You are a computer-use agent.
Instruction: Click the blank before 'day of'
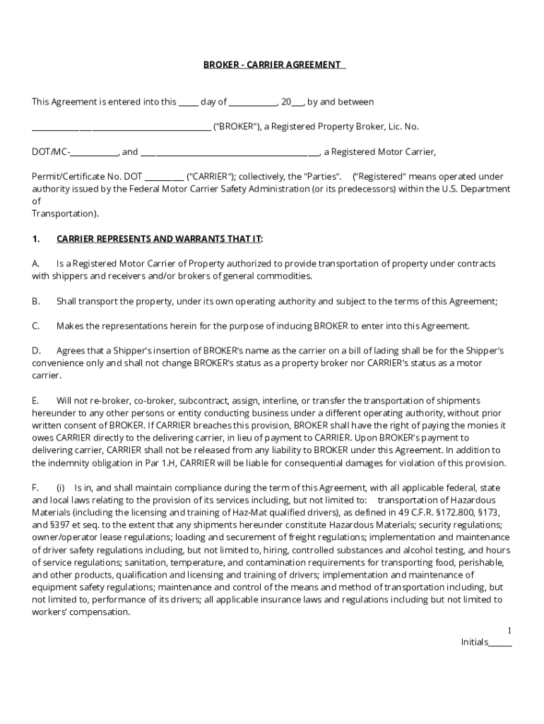click(188, 103)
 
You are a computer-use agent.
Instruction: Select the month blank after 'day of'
click(253, 103)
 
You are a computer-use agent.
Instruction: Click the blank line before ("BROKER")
click(121, 127)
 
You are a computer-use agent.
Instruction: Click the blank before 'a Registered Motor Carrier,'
click(230, 152)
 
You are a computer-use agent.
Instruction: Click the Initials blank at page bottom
click(500, 643)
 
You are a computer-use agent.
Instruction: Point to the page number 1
click(509, 630)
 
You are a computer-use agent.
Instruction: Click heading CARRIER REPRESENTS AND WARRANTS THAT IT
click(159, 238)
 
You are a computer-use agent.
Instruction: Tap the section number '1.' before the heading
click(36, 238)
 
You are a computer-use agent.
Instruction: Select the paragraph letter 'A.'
click(35, 264)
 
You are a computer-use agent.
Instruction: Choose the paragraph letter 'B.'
click(35, 301)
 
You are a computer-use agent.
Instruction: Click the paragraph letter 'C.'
click(35, 326)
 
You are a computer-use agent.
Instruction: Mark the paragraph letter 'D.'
click(36, 351)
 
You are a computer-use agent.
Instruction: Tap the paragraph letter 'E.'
click(35, 401)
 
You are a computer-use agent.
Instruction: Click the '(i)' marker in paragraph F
click(61, 488)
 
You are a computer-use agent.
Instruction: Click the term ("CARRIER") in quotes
click(211, 177)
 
